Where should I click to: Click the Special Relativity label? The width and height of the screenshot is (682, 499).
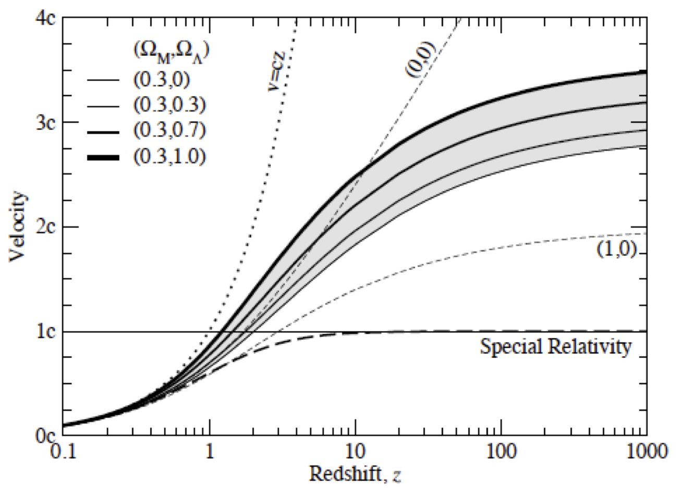click(555, 346)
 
